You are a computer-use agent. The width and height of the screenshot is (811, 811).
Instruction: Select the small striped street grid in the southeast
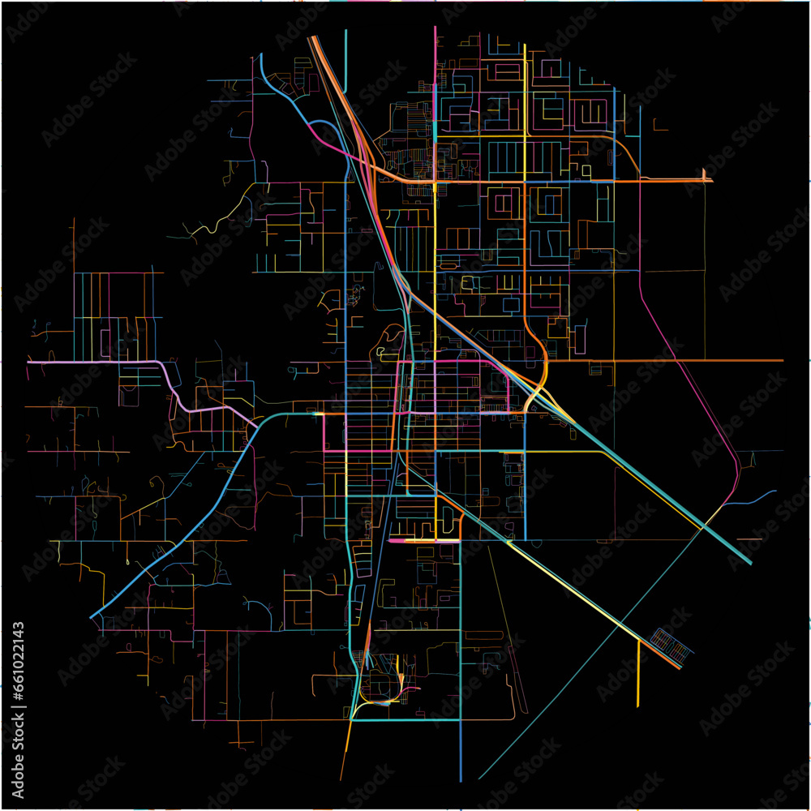tap(672, 642)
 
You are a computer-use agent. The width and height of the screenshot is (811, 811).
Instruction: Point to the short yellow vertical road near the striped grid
tap(638, 673)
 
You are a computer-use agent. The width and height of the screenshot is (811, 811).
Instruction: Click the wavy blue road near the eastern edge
tap(751, 498)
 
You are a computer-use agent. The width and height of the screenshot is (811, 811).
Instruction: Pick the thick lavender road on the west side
tap(97, 362)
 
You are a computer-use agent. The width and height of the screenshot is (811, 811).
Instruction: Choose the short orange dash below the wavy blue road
tap(750, 539)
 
